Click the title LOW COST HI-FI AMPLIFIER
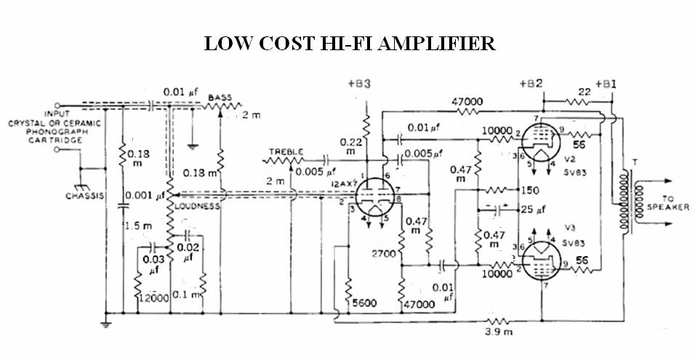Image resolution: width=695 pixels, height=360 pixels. [x=350, y=44]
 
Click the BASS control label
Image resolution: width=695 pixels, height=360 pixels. [x=220, y=97]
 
